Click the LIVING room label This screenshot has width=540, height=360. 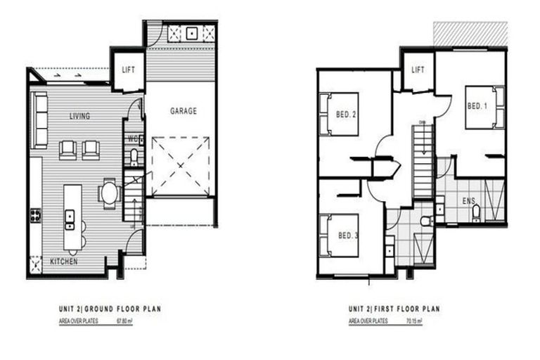tap(79, 116)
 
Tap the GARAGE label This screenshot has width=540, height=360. tap(184, 111)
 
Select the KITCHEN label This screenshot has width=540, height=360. tap(63, 262)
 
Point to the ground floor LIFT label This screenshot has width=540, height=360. tap(128, 70)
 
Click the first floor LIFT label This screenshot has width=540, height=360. tap(418, 70)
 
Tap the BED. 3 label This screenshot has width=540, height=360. tap(348, 235)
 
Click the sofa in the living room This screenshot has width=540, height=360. tap(39, 120)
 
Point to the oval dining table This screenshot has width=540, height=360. tap(110, 192)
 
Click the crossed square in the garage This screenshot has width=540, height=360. tap(181, 167)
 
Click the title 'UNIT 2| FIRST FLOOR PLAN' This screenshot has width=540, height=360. tap(394, 309)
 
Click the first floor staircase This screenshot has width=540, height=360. tap(422, 162)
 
